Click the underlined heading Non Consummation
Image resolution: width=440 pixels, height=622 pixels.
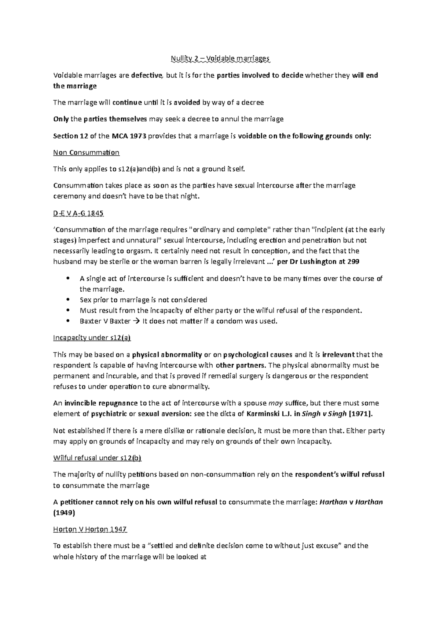click(x=86, y=152)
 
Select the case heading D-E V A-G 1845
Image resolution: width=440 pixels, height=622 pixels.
click(x=78, y=213)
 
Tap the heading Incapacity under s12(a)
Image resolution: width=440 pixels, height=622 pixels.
click(x=92, y=338)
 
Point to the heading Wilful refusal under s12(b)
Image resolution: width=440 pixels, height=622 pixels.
click(x=97, y=458)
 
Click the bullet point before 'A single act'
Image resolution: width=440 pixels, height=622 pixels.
click(x=67, y=279)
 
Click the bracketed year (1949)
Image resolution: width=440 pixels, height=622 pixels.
click(x=64, y=513)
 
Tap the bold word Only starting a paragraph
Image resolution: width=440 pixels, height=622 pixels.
click(x=60, y=119)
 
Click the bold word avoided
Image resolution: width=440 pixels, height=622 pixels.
click(x=187, y=103)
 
